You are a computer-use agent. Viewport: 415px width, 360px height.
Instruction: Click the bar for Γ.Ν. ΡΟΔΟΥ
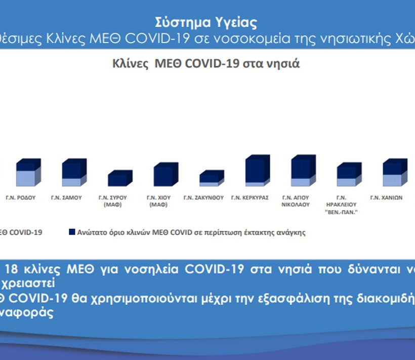(28, 172)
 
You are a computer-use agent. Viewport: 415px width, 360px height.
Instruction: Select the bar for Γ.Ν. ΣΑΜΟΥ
(74, 172)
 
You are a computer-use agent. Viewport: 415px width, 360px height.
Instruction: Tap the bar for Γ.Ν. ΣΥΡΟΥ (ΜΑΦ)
(120, 178)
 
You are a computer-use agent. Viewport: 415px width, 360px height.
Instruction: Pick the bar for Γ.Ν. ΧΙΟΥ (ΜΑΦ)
(166, 174)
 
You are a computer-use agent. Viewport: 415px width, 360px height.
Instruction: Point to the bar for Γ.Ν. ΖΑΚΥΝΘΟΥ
(212, 178)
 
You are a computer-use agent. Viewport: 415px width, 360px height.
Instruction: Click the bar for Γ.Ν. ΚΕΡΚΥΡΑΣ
(258, 171)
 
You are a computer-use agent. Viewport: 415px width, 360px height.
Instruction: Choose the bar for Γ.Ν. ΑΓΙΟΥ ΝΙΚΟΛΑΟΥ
(303, 171)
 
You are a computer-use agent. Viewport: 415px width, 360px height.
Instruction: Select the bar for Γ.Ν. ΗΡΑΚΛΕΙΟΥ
(349, 174)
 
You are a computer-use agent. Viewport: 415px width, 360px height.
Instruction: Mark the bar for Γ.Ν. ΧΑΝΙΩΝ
(395, 172)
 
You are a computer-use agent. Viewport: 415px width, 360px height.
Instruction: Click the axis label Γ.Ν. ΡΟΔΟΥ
(21, 198)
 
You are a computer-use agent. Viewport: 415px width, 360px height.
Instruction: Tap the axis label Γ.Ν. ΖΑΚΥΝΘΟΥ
(203, 198)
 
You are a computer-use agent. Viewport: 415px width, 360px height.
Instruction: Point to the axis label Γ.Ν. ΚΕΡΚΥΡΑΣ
(250, 198)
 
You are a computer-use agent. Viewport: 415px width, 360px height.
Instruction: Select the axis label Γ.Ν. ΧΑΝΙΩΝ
(386, 198)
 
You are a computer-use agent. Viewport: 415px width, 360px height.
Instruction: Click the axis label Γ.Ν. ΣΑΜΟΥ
(66, 198)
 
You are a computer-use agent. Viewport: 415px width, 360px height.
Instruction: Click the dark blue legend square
(72, 232)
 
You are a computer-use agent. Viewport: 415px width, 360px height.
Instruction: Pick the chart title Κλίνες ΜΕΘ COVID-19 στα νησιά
(206, 64)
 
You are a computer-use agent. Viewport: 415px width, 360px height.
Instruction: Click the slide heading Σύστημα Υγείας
(206, 22)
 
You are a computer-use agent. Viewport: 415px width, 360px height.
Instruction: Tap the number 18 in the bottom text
(11, 269)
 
